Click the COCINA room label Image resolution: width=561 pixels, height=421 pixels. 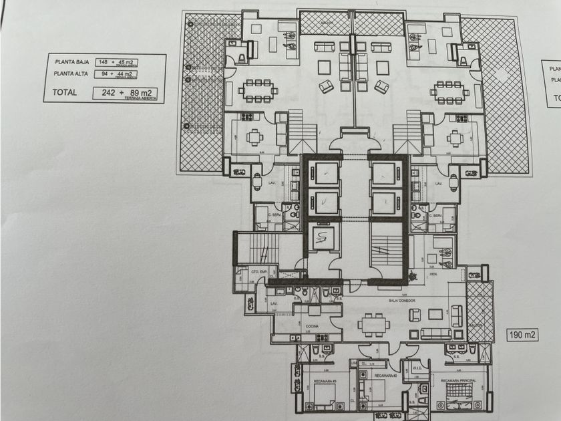pyautogui.click(x=312, y=326)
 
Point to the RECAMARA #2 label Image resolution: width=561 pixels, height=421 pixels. pyautogui.click(x=385, y=376)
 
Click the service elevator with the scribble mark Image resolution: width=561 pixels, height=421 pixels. pyautogui.click(x=323, y=237)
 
